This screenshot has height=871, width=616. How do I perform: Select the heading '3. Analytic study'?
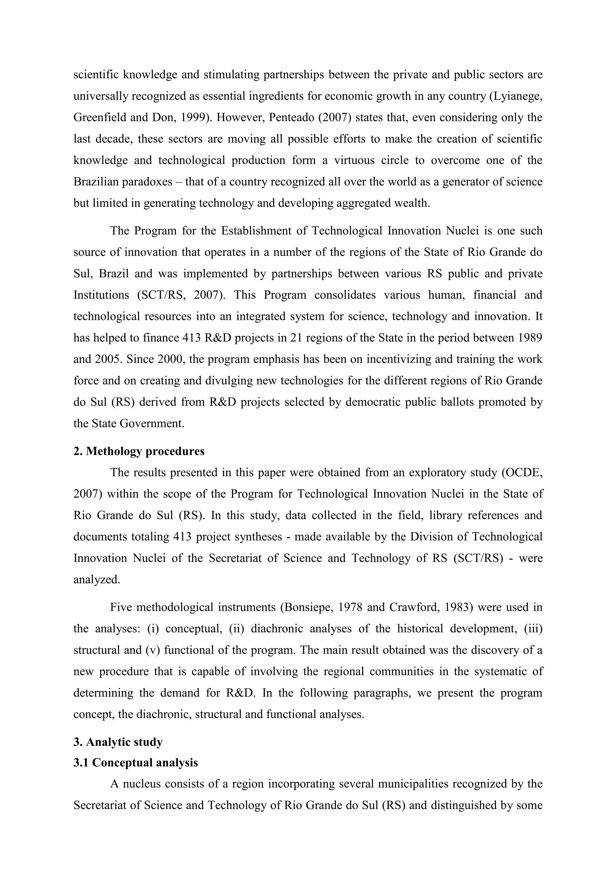tap(118, 742)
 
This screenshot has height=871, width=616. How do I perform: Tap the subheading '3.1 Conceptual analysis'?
tap(135, 762)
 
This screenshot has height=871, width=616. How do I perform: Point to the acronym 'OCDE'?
tap(524, 473)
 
